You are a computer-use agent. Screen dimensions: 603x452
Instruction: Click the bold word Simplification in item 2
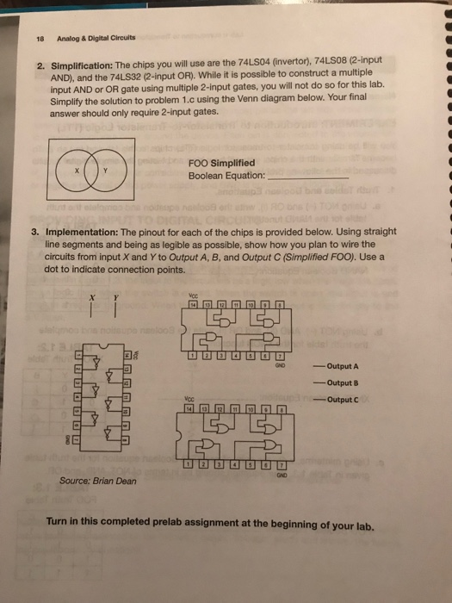[81, 65]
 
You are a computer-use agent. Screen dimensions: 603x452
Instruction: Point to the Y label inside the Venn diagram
[104, 170]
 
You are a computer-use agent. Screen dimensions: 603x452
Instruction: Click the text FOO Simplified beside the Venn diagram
[222, 162]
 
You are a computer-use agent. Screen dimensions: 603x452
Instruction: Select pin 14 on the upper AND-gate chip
[194, 304]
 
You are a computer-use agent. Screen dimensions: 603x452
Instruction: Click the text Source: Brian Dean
[97, 481]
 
